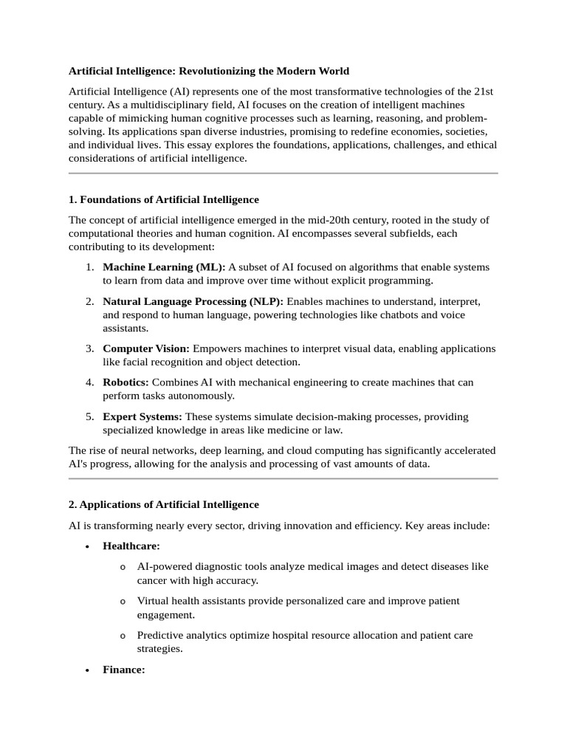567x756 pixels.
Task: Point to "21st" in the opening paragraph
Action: (x=484, y=91)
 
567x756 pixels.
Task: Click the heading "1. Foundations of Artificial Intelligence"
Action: (x=164, y=199)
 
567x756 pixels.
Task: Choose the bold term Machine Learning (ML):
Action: (x=164, y=267)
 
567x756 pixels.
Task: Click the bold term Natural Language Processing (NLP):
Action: (x=193, y=301)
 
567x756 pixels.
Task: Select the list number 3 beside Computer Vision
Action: (x=89, y=348)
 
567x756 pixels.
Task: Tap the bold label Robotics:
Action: (x=126, y=382)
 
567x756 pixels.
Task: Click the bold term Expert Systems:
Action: (x=142, y=416)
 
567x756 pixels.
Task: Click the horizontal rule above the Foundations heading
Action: (x=283, y=173)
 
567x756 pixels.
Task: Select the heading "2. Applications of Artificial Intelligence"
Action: (x=164, y=504)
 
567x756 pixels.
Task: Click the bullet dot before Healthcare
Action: (x=88, y=546)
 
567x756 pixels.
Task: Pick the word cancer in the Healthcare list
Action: (x=154, y=580)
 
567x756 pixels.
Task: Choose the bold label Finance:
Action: (x=124, y=670)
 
